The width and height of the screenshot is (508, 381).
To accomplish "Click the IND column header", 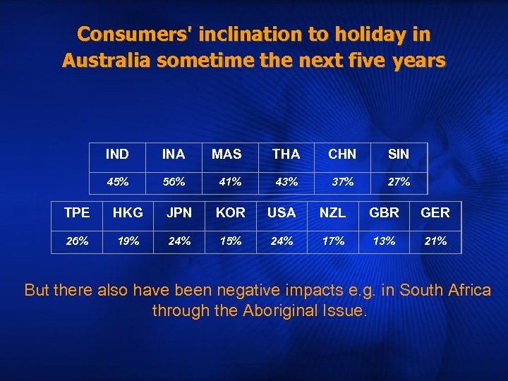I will click(117, 154).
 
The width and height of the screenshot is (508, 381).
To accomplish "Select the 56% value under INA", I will click(174, 181).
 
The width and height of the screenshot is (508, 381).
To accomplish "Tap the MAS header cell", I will click(226, 154).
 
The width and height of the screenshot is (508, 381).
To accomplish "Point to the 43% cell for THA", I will click(286, 181).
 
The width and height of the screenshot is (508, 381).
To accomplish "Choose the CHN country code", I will click(342, 154).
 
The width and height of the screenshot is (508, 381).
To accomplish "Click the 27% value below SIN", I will click(399, 181).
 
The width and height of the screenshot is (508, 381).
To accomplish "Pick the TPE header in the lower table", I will click(77, 212).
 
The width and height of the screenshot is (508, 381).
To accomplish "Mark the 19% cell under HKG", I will click(128, 241).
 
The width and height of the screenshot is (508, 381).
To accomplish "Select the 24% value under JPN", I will click(179, 241).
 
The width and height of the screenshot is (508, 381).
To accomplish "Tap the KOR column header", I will click(231, 212).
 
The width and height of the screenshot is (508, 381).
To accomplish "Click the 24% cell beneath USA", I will click(282, 241).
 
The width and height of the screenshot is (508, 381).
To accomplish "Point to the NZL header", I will click(333, 212).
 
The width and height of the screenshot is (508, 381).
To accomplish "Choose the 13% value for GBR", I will click(385, 241).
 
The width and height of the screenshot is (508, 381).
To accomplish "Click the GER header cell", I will click(435, 212).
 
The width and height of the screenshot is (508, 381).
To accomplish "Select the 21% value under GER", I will click(435, 241).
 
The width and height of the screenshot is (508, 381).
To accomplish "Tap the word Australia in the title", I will click(107, 61).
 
